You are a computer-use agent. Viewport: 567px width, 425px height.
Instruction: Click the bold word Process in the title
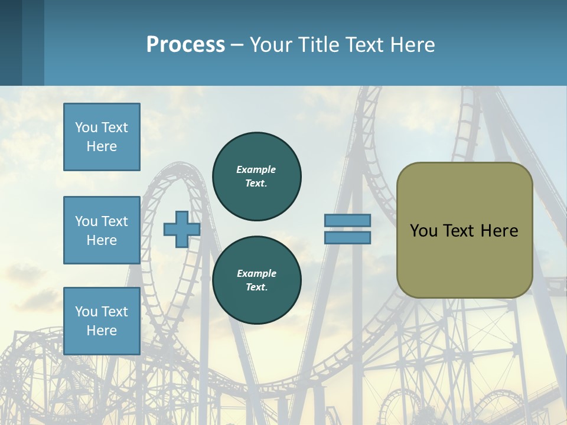[185, 45]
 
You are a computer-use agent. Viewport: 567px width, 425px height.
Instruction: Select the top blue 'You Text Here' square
[102, 137]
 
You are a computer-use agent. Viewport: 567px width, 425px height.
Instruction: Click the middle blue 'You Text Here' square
[102, 230]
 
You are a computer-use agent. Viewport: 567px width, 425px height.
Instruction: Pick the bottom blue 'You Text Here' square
[102, 321]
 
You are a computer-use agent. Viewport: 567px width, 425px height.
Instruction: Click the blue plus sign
[181, 230]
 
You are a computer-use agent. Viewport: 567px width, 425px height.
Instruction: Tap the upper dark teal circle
[257, 176]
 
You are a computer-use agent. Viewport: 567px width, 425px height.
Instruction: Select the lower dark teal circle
[257, 280]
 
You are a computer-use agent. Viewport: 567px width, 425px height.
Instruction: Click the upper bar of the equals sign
[347, 220]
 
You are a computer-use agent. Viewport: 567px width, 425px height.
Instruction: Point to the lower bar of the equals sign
[347, 238]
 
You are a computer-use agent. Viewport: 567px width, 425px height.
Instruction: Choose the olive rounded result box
[464, 230]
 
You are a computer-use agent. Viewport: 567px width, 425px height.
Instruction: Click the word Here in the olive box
[499, 231]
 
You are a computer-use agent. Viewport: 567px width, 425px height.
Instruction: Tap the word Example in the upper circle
[256, 169]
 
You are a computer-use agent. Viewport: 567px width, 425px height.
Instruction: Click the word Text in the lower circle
[256, 287]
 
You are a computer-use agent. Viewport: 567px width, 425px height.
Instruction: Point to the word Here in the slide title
[413, 45]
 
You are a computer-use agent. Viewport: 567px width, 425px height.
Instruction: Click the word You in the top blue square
[86, 127]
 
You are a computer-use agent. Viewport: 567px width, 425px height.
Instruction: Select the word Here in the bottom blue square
[102, 331]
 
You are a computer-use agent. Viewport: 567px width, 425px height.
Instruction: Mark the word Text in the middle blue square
[114, 221]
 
